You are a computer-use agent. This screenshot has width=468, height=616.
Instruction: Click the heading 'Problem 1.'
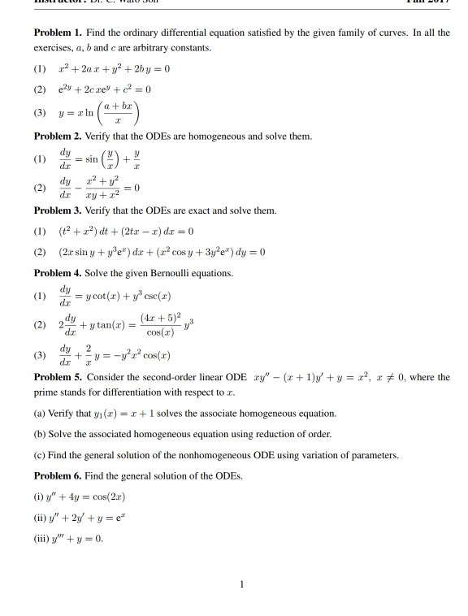59,33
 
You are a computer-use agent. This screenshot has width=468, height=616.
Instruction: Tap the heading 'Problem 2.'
59,135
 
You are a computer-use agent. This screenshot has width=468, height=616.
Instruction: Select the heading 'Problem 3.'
59,210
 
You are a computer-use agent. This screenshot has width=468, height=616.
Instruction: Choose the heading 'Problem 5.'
59,378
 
